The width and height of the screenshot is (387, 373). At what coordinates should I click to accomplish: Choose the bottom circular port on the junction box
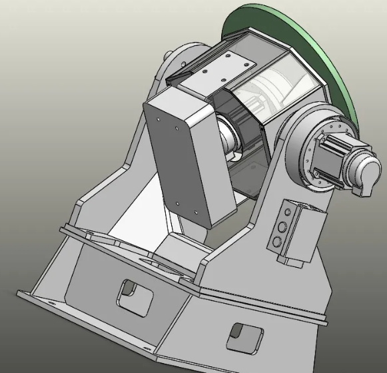coord(276,240)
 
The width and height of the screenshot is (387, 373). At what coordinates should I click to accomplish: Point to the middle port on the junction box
coord(282,226)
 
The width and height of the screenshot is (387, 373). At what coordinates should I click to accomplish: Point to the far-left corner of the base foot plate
coord(20,295)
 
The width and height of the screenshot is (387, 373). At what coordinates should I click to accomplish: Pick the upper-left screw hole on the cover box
coord(157,119)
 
